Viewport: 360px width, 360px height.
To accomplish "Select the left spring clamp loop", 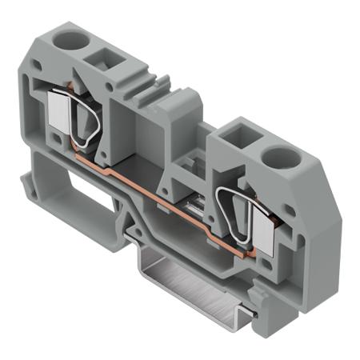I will [86, 121].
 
